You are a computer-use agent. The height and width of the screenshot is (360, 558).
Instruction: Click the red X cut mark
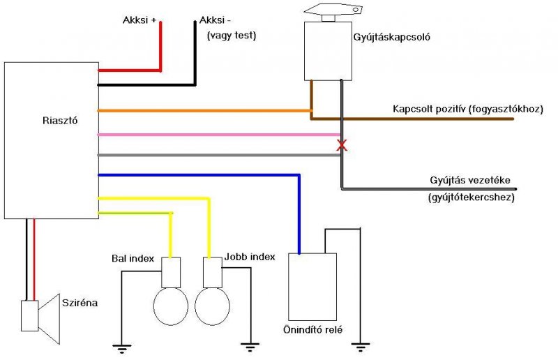coord(342,145)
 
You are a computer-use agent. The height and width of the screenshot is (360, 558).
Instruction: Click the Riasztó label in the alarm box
coord(60,121)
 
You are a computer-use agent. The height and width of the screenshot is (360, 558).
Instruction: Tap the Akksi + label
coord(139,20)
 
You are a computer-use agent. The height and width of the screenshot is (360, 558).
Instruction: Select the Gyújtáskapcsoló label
coord(391,37)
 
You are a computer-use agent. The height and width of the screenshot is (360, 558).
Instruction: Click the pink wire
coord(219,135)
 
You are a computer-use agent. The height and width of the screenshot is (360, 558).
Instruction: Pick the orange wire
coord(204,111)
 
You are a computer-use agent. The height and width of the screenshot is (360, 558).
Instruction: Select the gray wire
coord(219,155)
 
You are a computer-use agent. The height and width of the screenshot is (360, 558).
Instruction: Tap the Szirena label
coord(80,303)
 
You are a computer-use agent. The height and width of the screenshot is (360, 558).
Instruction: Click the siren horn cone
coord(49,319)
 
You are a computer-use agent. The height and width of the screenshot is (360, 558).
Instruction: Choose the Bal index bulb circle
coord(170,306)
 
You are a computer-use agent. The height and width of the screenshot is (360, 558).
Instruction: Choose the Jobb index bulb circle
coord(213,306)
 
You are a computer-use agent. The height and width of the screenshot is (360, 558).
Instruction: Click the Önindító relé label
coord(312,330)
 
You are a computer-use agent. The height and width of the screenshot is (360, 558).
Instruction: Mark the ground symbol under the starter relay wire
coord(360,347)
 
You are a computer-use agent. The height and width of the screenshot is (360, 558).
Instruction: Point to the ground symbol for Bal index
coord(121,349)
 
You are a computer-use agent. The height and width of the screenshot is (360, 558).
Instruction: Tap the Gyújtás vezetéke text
coord(469,180)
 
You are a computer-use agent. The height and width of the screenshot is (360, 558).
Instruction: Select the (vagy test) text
coord(232,36)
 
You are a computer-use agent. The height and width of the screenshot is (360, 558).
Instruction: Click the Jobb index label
coord(250,257)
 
